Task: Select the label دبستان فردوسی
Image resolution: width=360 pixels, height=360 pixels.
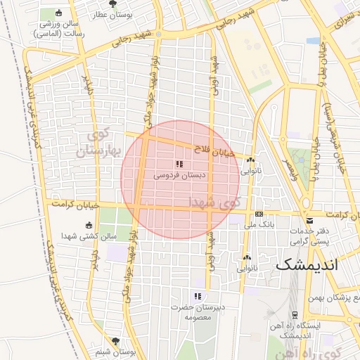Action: click(179, 175)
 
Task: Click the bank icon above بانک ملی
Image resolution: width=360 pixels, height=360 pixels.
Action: click(259, 214)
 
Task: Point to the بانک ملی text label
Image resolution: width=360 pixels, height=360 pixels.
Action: click(259, 225)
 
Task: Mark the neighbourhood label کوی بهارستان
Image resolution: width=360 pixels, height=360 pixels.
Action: click(103, 142)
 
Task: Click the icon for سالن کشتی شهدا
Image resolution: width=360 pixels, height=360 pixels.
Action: click(88, 225)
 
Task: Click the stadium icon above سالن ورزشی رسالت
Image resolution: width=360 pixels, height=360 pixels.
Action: click(58, 13)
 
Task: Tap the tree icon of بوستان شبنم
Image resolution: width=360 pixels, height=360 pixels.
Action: click(115, 341)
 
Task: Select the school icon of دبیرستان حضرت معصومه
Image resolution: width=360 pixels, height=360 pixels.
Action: click(198, 296)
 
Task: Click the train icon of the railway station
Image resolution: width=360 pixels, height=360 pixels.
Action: click(293, 314)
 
